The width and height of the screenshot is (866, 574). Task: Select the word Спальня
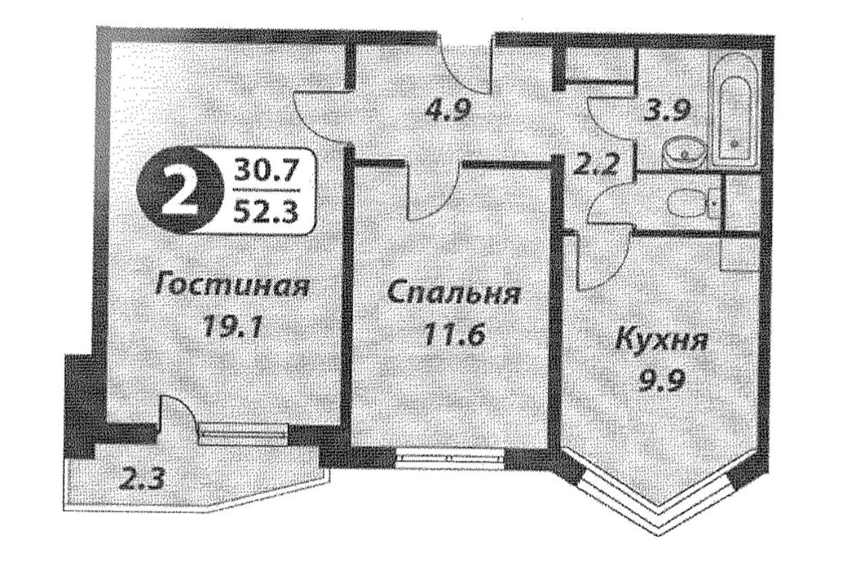click(453, 294)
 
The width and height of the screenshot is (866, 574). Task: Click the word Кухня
click(662, 340)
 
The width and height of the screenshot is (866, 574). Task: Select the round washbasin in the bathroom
click(684, 153)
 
